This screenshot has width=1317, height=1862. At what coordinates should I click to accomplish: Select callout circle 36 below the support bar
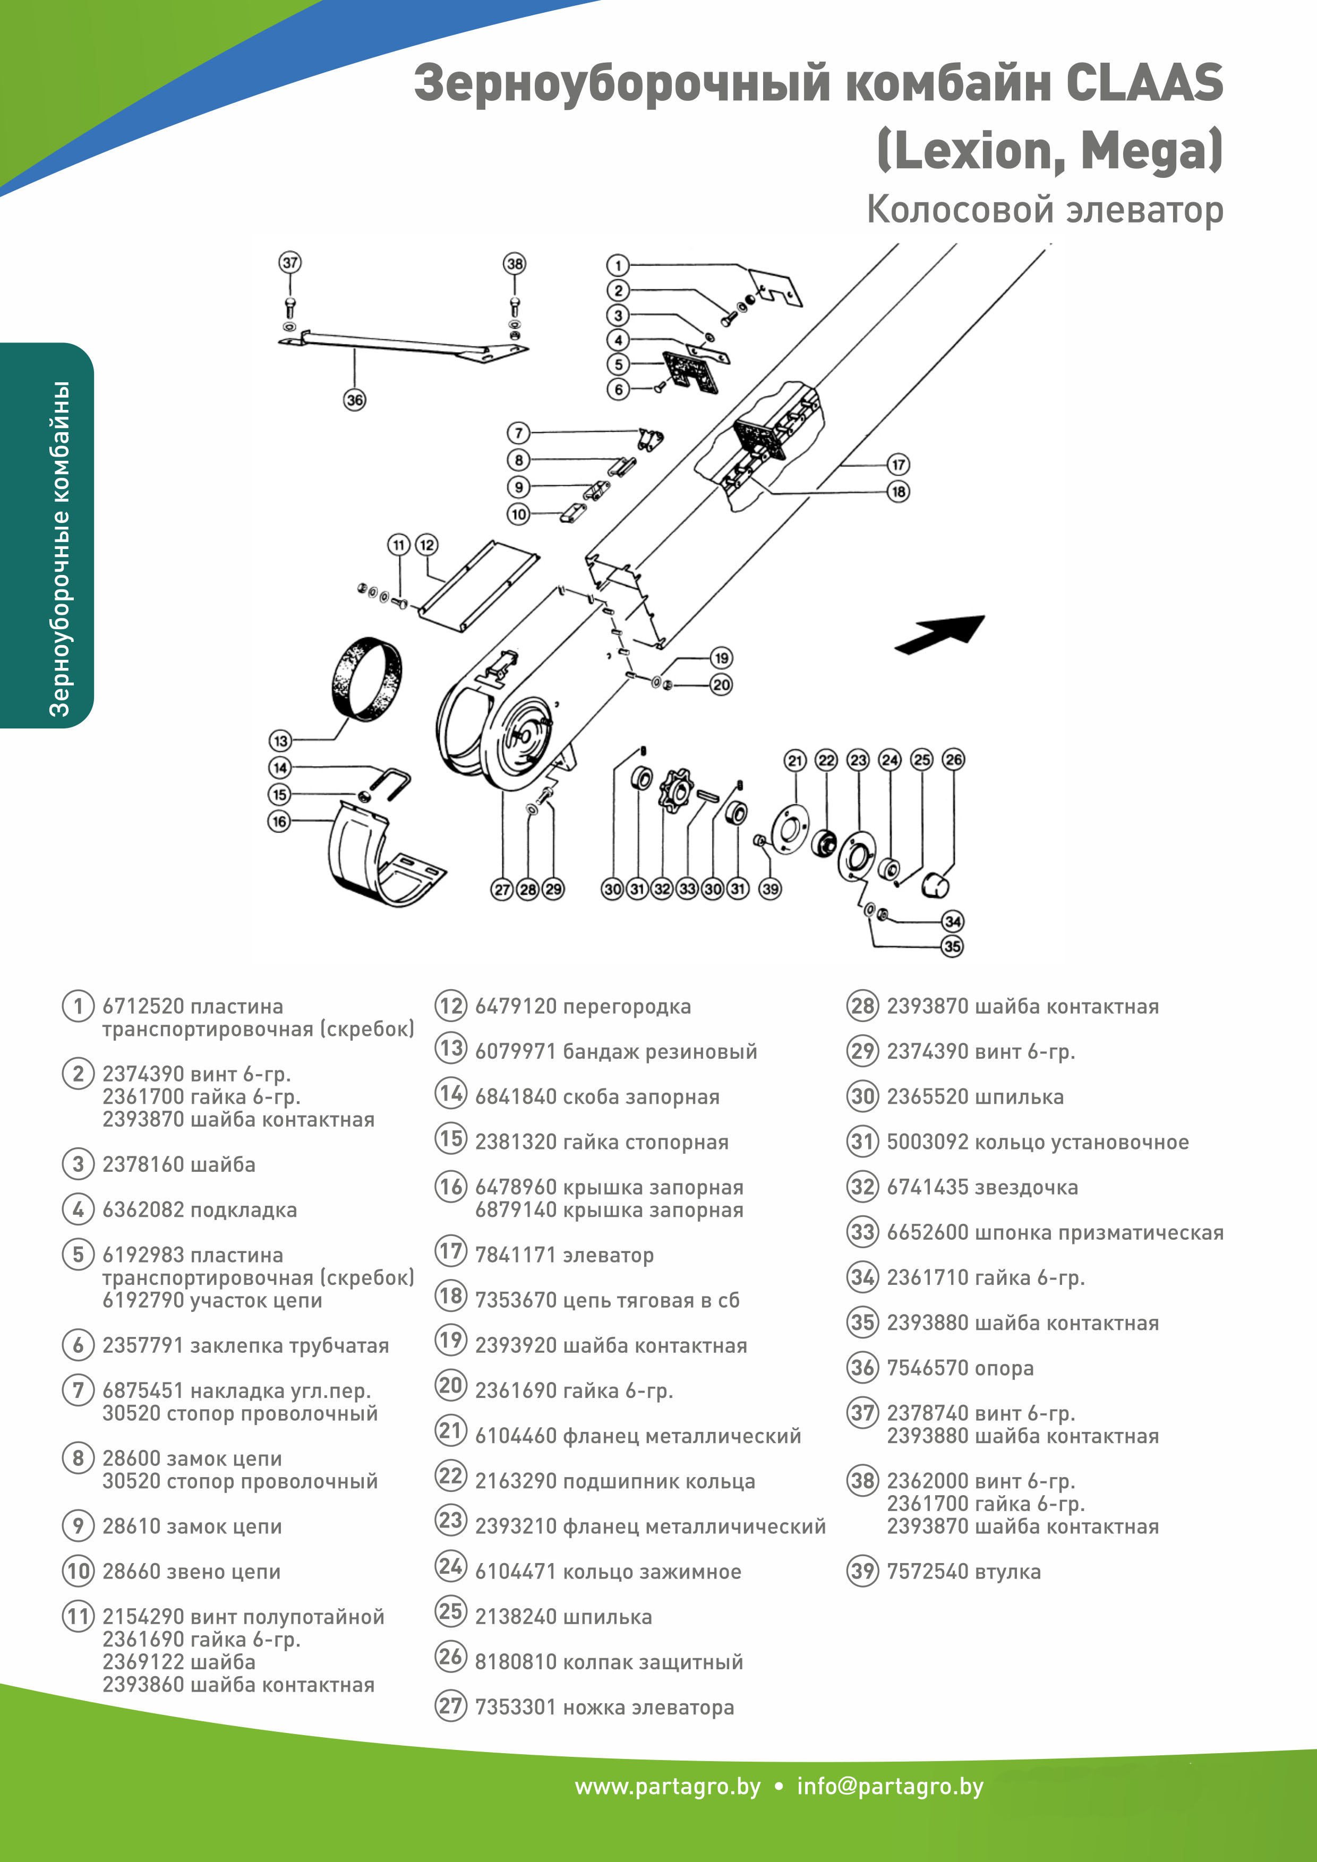[354, 400]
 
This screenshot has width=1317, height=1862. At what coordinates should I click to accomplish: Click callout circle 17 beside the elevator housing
[897, 465]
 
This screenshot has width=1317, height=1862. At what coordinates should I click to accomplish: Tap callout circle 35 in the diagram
[952, 947]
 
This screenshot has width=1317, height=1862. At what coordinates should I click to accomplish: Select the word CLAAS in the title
[1143, 84]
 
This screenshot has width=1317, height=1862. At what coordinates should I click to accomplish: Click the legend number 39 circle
[862, 1572]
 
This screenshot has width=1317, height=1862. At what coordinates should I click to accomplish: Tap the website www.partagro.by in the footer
[668, 1787]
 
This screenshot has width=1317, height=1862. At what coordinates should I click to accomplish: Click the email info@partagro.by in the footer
[890, 1787]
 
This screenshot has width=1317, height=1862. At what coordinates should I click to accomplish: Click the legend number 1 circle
[78, 1007]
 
